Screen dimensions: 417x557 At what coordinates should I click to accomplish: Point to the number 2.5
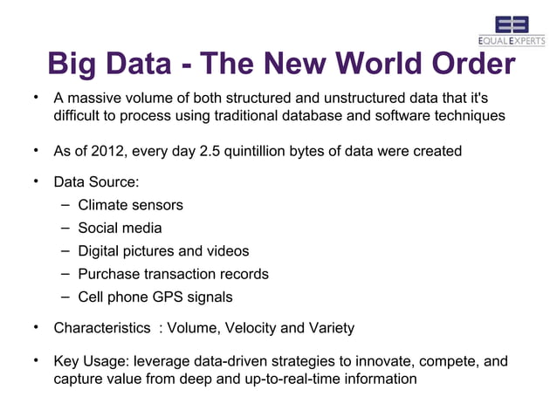[210, 151]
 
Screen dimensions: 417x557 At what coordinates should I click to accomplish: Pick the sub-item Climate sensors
[130, 205]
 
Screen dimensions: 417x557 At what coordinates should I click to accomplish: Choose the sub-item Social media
[120, 229]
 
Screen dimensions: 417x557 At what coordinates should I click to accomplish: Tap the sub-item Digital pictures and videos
[163, 251]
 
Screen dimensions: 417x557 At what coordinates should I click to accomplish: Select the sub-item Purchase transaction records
[173, 274]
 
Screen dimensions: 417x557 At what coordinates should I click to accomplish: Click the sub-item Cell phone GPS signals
[155, 297]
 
